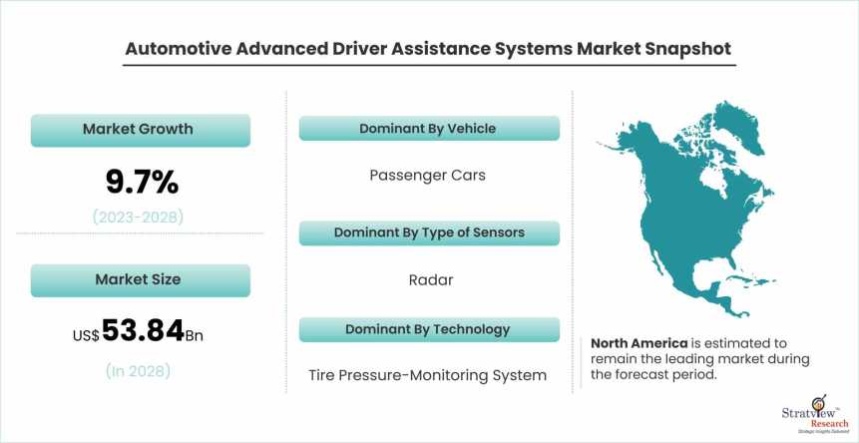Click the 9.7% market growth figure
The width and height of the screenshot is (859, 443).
tap(142, 182)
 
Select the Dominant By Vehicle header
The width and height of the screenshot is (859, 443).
tap(428, 129)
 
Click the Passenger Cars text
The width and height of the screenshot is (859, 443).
tap(427, 175)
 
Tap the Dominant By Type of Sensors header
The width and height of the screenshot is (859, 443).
tap(428, 232)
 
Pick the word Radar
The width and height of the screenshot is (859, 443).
tap(431, 279)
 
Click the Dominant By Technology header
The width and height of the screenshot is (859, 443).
tap(428, 329)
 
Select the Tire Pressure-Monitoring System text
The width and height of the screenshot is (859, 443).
tap(427, 375)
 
